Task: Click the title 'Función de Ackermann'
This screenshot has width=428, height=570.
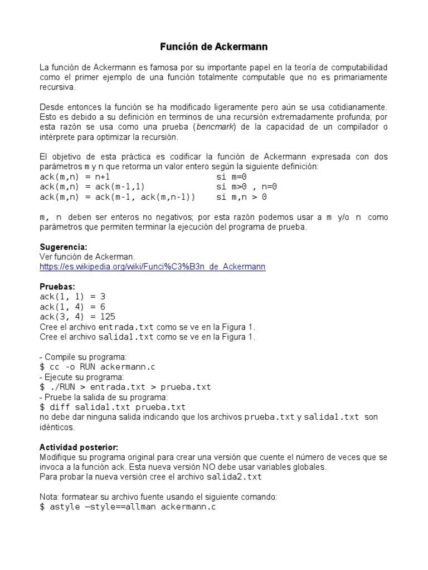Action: coord(214,47)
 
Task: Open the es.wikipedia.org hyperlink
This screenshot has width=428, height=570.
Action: coord(152,267)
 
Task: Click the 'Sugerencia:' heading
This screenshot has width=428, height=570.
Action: coord(64,247)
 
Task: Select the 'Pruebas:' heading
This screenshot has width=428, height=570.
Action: coord(57,287)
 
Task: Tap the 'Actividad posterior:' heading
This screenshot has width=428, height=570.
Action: coord(79,448)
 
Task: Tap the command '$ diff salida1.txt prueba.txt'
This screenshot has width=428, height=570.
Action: coord(113,407)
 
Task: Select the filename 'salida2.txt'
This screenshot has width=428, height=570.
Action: coord(234,477)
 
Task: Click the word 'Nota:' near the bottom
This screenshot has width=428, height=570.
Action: coord(49,497)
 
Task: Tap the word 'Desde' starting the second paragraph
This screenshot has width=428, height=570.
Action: coord(51,107)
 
